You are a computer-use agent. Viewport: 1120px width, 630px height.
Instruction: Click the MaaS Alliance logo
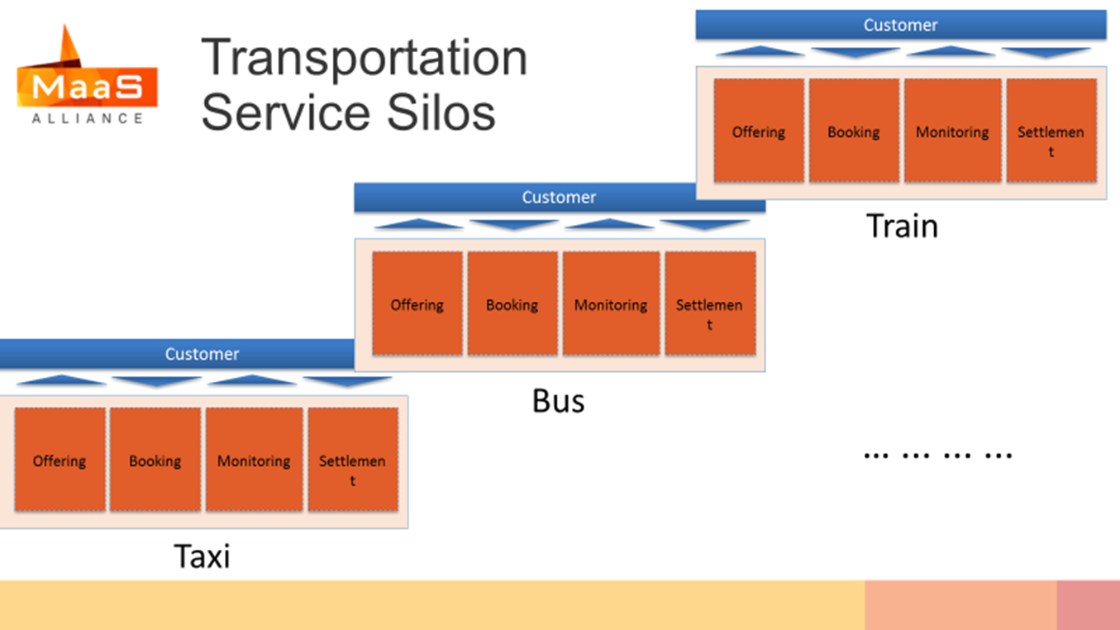(87, 74)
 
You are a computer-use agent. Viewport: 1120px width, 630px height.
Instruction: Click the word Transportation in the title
(364, 58)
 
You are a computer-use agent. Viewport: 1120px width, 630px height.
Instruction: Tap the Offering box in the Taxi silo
(60, 460)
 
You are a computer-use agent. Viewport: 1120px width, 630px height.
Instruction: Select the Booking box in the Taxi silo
(155, 460)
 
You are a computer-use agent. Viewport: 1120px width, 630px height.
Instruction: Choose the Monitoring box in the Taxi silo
(254, 460)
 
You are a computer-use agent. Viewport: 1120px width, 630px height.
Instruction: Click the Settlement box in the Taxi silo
(353, 460)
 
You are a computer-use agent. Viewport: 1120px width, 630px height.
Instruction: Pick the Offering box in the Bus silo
(417, 303)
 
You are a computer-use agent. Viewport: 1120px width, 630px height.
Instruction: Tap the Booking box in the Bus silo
(512, 303)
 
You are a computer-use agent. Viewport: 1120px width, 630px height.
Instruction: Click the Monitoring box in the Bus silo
(611, 303)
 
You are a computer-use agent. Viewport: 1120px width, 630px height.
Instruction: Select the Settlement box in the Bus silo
(710, 303)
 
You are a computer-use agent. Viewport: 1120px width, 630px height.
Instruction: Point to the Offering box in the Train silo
(759, 131)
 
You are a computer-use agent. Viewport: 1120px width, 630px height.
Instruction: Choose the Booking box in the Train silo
(854, 131)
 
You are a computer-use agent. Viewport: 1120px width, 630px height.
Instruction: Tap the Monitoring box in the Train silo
(952, 131)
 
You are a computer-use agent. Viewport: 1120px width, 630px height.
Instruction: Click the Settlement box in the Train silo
(1051, 131)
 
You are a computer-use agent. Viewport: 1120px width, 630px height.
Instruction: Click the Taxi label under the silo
(202, 556)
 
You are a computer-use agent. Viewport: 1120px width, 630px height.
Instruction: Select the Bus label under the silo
(558, 401)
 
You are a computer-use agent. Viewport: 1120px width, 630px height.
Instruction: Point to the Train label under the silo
(902, 226)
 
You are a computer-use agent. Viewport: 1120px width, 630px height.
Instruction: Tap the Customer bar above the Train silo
(901, 25)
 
